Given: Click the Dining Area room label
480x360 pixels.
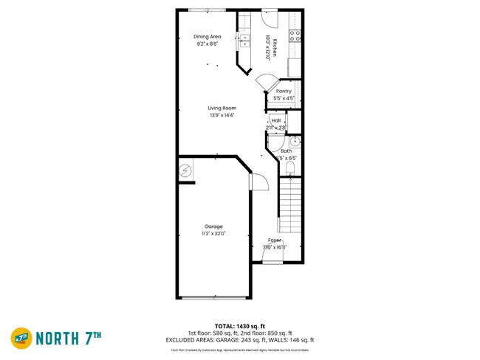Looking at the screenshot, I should pos(208,36).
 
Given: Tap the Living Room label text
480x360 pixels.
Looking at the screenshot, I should pos(222,108).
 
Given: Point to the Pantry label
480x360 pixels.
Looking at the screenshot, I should pos(284,91).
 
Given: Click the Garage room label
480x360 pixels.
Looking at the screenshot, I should pos(214,226).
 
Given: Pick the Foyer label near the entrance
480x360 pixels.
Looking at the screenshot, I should pos(275,240).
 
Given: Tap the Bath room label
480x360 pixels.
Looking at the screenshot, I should pos(286,150).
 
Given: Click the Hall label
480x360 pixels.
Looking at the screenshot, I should pos(276,120).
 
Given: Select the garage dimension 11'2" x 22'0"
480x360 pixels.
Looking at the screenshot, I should pos(214,234).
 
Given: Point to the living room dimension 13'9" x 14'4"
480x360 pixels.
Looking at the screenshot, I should pos(222,115).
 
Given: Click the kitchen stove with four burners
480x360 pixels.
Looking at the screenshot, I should pos(295,34).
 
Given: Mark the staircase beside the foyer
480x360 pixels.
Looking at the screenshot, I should pos(291,207).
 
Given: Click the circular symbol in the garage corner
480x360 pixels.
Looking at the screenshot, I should pos(185,171).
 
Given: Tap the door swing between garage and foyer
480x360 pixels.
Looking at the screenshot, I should pos(258,181).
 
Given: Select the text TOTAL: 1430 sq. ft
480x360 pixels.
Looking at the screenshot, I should pos(240,325).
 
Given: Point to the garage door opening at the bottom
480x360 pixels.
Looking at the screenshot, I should pos(214,297).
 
